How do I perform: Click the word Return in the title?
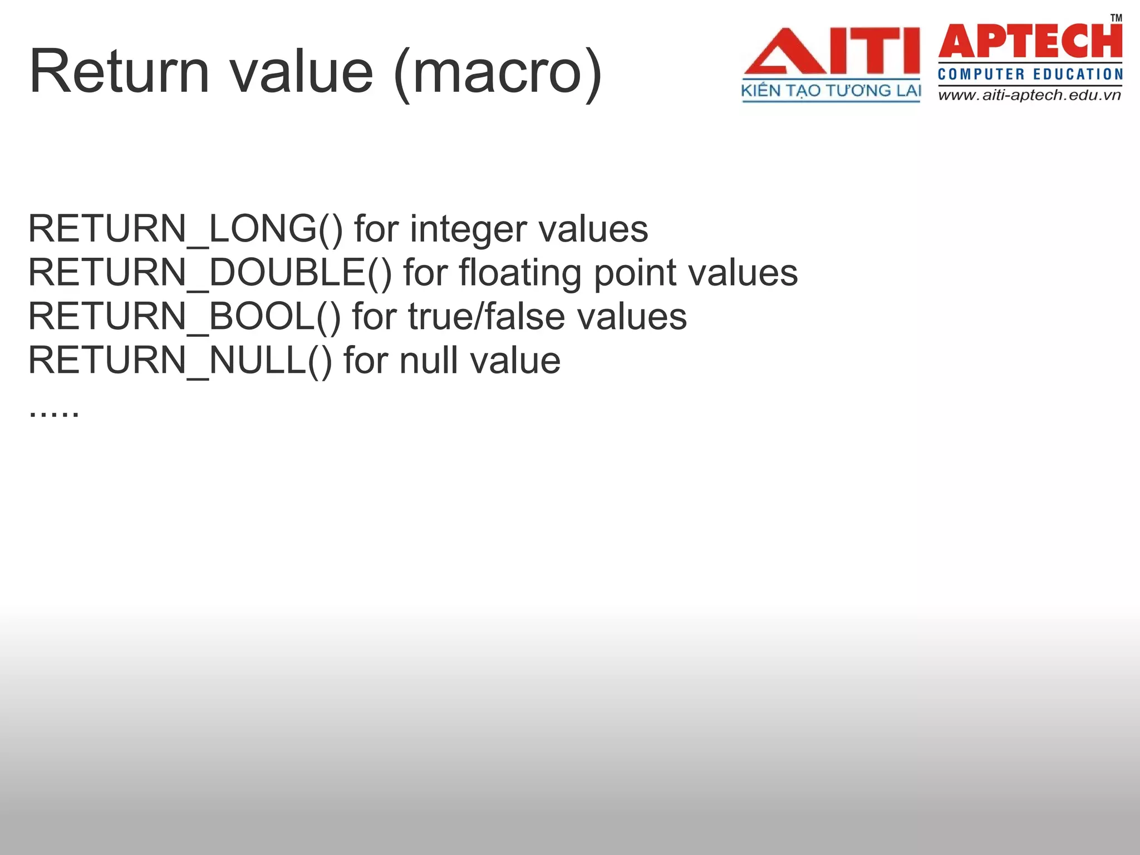[119, 72]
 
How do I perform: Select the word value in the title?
[301, 72]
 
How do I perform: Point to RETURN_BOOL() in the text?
[184, 317]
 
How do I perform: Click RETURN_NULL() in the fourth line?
[180, 361]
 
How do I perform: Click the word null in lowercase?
[429, 361]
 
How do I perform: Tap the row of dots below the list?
[54, 412]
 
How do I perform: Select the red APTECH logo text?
[1030, 42]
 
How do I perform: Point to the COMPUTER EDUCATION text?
[1030, 75]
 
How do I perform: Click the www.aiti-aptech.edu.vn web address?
[1029, 95]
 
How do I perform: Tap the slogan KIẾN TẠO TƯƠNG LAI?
[831, 91]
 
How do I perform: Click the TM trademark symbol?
[1116, 18]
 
